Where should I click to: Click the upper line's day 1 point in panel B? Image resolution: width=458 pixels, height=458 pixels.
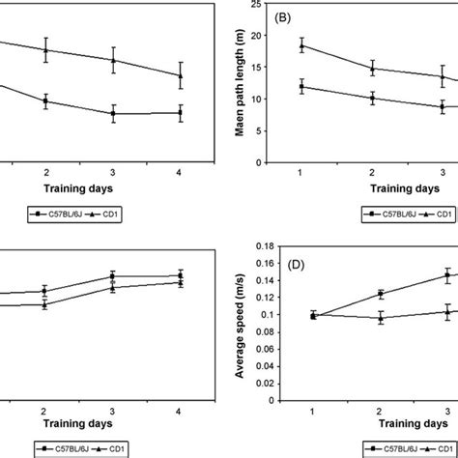(302, 45)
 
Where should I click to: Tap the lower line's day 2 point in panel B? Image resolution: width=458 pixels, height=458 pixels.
(373, 98)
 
